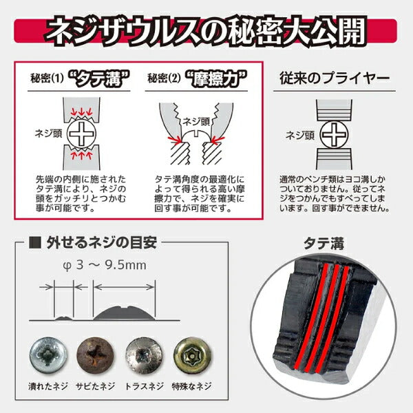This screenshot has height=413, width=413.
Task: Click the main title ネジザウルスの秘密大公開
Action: pos(206,30)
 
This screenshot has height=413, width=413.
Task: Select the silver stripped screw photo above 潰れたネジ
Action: pos(47,355)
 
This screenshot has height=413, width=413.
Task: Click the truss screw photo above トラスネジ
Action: pos(142,355)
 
